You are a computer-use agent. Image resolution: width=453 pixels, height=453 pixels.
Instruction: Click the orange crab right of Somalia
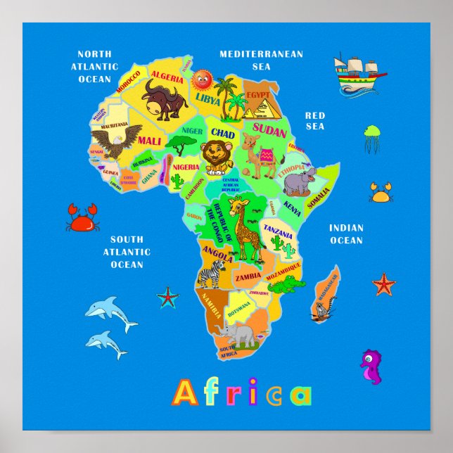pyautogui.click(x=381, y=191)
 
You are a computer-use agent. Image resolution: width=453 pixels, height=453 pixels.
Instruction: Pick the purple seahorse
pyautogui.click(x=371, y=366)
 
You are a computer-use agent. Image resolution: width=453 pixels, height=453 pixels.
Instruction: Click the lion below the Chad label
pyautogui.click(x=216, y=158)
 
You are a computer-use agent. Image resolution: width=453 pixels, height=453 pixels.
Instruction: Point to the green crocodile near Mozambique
pyautogui.click(x=286, y=284)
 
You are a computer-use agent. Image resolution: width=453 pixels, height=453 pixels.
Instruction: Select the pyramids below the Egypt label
pyautogui.click(x=260, y=108)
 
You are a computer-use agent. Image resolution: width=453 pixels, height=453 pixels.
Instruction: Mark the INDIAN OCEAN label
pyautogui.click(x=346, y=234)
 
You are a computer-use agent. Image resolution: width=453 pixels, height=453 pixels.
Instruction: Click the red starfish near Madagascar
pyautogui.click(x=383, y=283)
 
